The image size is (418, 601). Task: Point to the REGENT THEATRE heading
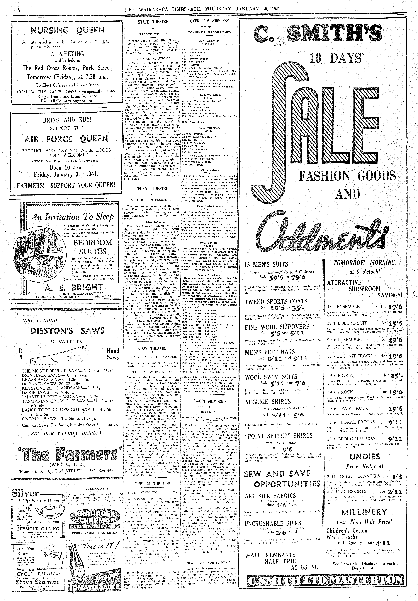coord(152,189)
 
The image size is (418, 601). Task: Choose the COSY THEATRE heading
coord(152,348)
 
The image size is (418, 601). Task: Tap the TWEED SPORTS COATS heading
coord(276,301)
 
